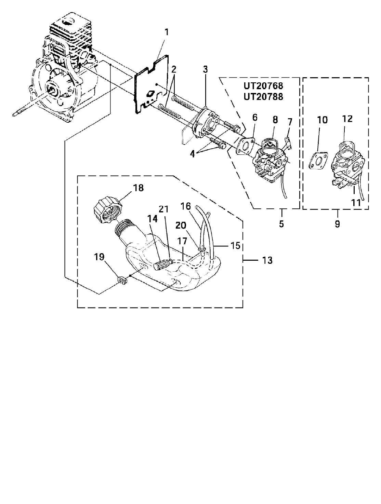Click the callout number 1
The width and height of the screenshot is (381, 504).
point(167,32)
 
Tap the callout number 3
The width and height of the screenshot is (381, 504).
point(205,69)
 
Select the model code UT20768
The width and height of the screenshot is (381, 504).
point(263,86)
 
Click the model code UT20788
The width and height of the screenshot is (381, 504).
point(263,97)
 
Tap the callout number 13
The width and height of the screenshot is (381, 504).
point(267,260)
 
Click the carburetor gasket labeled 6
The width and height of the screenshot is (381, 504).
point(246,147)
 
